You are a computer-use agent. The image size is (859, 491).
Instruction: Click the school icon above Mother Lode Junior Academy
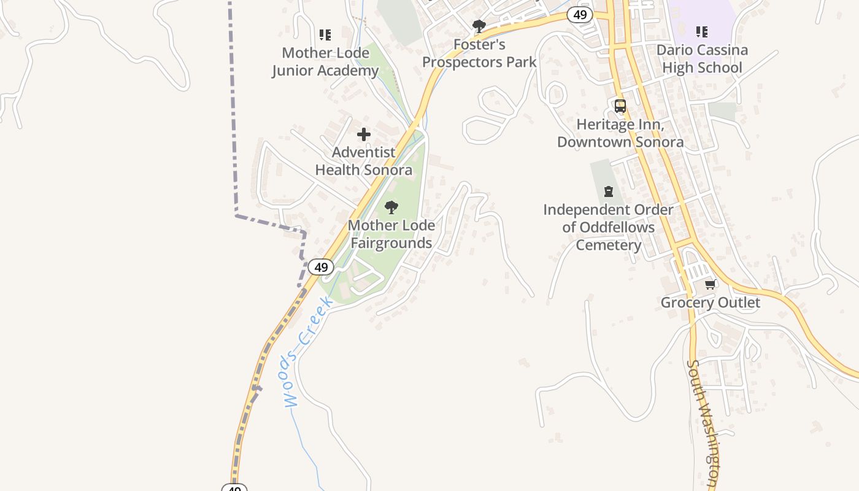coord(325,34)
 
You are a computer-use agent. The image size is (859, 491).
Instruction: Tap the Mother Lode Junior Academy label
coord(325,61)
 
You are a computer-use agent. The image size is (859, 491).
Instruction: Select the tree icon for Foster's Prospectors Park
coord(479,26)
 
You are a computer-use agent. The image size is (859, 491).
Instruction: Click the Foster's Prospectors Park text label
coord(479,53)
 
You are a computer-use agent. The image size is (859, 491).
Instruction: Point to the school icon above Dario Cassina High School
coord(702,31)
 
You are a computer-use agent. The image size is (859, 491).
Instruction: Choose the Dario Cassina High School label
coord(702,58)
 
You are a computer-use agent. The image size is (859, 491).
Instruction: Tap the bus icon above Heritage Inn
coord(620,106)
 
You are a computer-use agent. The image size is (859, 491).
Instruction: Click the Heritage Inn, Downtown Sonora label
coord(620,133)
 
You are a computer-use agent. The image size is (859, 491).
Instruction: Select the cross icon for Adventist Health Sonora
coord(364,134)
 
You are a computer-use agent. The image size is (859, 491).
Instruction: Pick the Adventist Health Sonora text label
coord(364,161)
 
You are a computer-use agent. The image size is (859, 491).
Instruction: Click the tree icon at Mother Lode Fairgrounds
coord(391,207)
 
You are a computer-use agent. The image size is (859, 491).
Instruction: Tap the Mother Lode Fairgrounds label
coord(391,234)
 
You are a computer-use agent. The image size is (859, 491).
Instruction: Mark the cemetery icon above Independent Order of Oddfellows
coord(609,191)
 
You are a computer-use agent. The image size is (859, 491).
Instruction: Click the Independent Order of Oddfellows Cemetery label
coord(608,227)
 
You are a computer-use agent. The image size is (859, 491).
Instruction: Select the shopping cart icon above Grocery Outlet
coord(711,284)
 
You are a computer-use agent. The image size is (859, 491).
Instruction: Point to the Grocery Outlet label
coord(710,303)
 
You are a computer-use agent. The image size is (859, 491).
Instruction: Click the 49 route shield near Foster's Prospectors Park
coord(579,15)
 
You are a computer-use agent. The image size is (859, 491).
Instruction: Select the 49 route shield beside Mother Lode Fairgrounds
coord(320,267)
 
